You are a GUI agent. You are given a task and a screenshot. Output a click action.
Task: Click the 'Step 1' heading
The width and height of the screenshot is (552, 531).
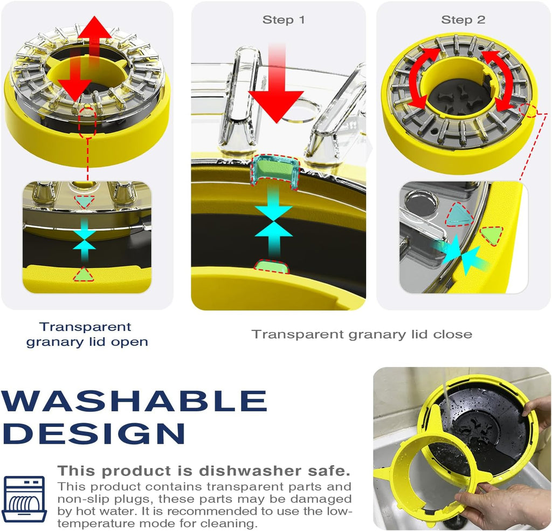click(x=284, y=20)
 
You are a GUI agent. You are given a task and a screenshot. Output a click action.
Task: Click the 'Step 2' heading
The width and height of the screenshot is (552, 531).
click(x=463, y=20)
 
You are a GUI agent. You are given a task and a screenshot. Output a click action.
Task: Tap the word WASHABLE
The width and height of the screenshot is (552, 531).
click(x=134, y=401)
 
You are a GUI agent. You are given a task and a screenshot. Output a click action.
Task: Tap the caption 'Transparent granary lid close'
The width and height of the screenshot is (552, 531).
click(x=362, y=334)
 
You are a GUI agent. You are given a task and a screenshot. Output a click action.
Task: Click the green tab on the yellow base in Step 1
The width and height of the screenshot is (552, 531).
click(x=272, y=266)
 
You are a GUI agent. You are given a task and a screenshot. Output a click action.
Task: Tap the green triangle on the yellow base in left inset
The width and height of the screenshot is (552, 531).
click(x=84, y=274)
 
